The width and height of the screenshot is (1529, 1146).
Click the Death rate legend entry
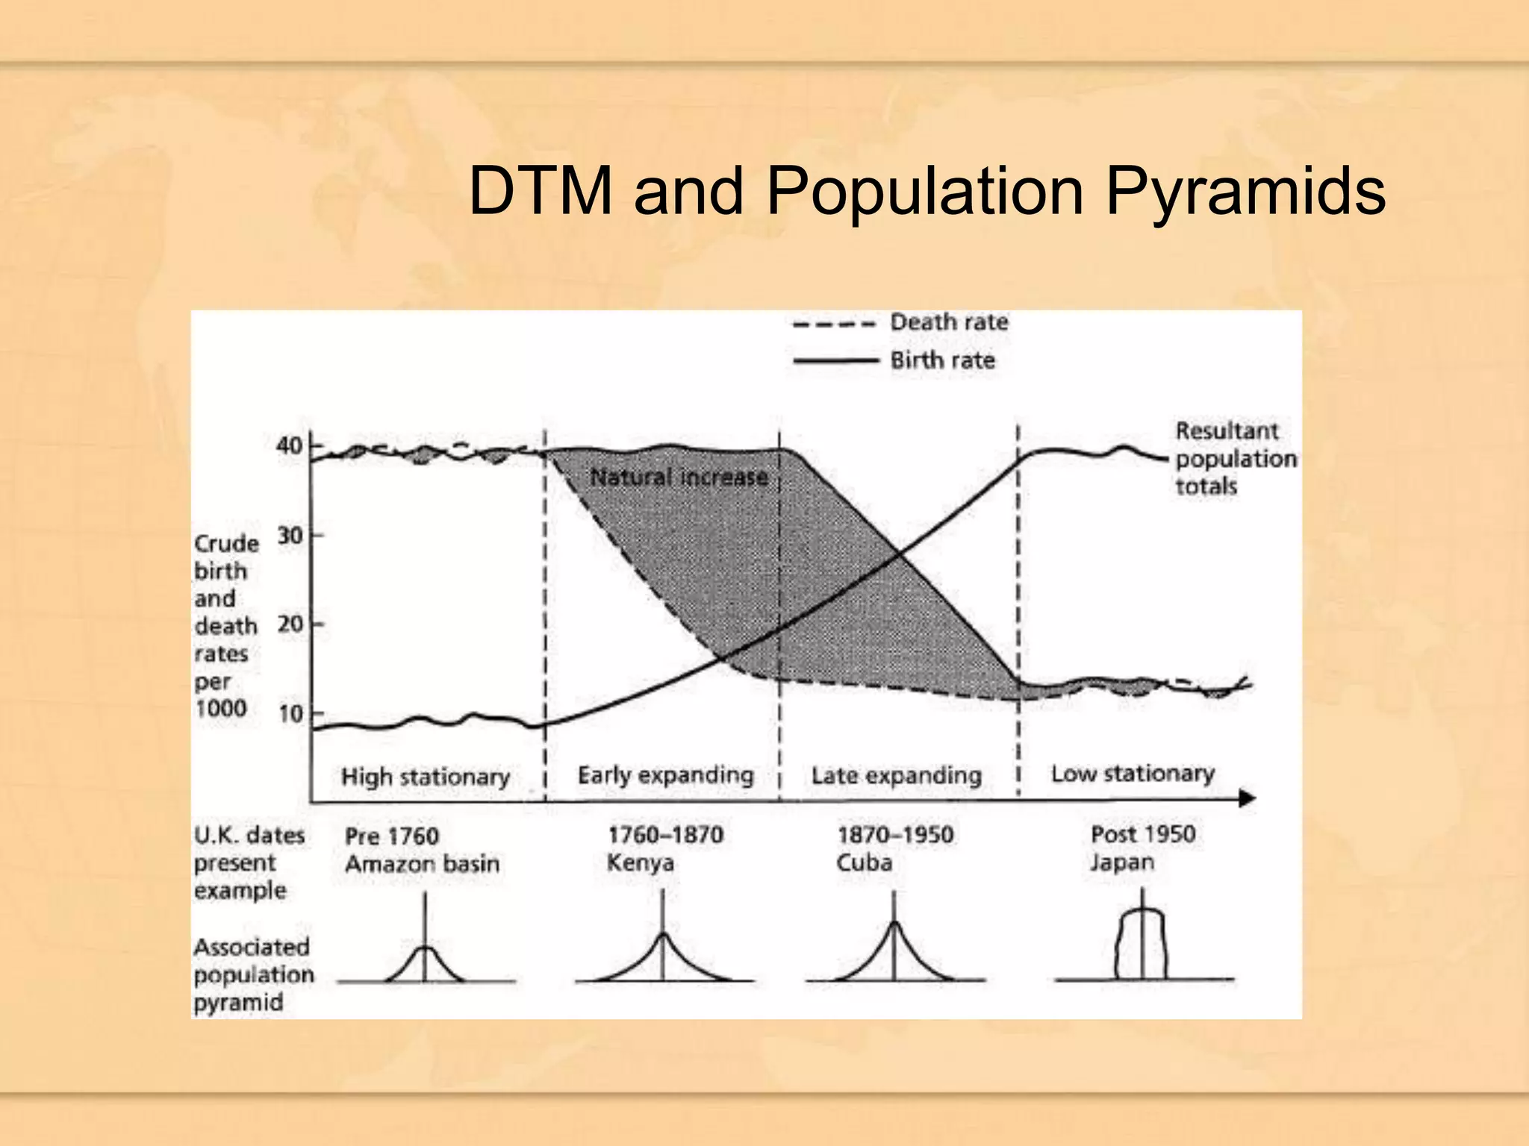pyautogui.click(x=948, y=323)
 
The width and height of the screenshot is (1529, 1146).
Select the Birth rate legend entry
pyautogui.click(x=942, y=361)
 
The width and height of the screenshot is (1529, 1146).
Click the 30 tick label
pyautogui.click(x=290, y=536)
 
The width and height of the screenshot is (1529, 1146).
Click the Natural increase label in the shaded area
pyautogui.click(x=679, y=477)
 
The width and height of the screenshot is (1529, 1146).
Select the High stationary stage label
pyautogui.click(x=426, y=777)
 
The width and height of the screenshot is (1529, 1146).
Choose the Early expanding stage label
pyautogui.click(x=665, y=775)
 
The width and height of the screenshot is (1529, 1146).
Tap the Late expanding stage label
pyautogui.click(x=896, y=776)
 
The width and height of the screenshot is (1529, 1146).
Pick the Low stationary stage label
pyautogui.click(x=1133, y=774)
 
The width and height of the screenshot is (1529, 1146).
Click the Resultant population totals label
pyautogui.click(x=1235, y=458)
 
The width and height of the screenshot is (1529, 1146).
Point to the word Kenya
pyautogui.click(x=640, y=863)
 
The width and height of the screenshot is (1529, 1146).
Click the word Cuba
pyautogui.click(x=864, y=863)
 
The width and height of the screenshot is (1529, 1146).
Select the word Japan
pyautogui.click(x=1121, y=862)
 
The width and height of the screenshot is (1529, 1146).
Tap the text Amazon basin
pyautogui.click(x=422, y=864)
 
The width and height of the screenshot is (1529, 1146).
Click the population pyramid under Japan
pyautogui.click(x=1142, y=945)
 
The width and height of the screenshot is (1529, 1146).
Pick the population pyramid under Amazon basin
pyautogui.click(x=425, y=962)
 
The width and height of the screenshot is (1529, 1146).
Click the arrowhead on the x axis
pyautogui.click(x=1248, y=799)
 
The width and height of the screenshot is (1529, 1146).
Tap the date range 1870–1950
pyautogui.click(x=895, y=834)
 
